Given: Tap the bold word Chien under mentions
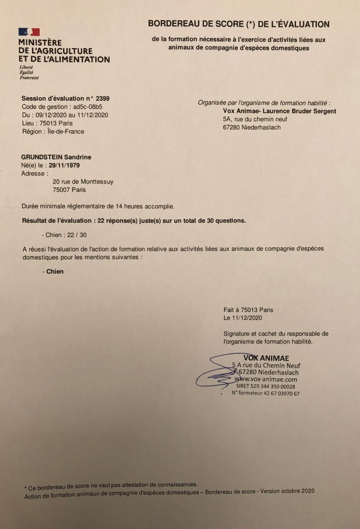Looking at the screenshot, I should [x=55, y=271].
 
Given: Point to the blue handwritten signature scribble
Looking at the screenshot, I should [x=212, y=370].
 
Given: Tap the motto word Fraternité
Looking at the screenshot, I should [x=29, y=78].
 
